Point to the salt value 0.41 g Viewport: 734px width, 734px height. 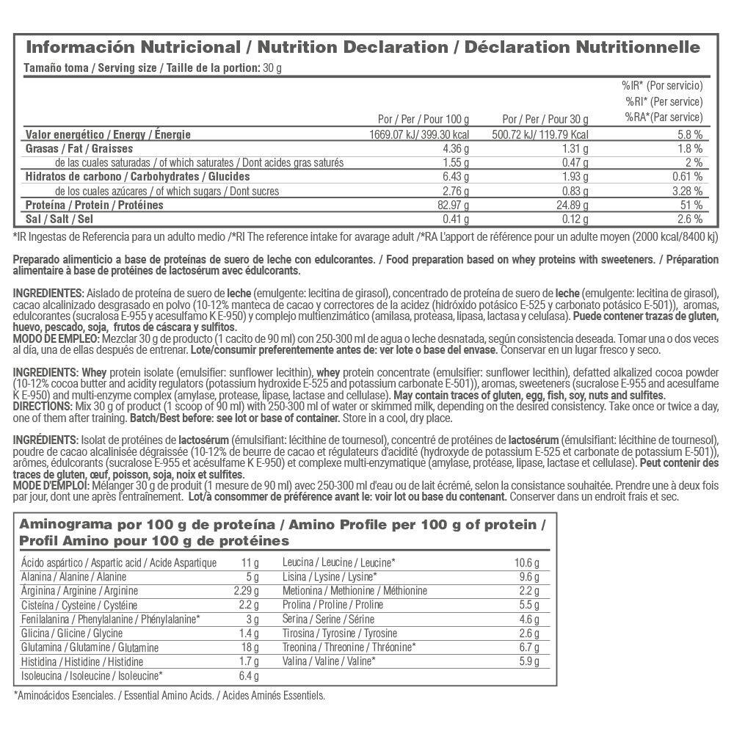pos(457,219)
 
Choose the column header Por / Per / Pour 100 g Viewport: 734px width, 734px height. pos(423,118)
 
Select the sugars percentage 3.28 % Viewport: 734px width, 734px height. pos(688,191)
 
